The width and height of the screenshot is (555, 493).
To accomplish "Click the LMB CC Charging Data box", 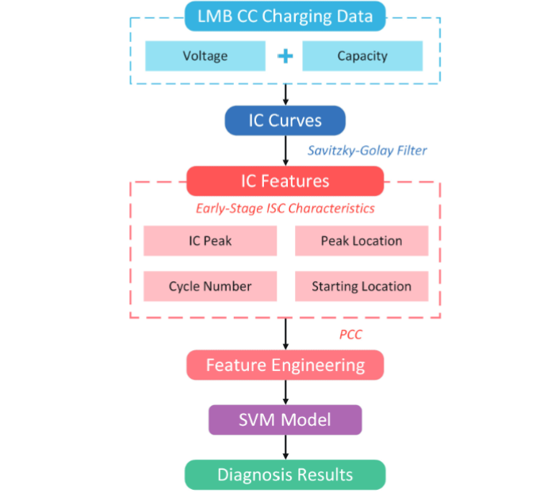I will (x=285, y=16).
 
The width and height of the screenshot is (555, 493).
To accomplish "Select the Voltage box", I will (x=205, y=56).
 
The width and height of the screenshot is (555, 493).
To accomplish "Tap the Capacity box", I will (x=362, y=56).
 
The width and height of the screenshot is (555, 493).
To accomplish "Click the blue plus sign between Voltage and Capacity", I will (x=285, y=56).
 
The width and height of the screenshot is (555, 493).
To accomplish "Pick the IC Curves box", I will (x=285, y=120).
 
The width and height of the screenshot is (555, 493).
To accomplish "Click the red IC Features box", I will (x=285, y=181).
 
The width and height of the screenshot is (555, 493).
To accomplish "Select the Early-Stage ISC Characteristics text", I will (x=285, y=209).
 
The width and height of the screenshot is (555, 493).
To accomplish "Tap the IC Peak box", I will (x=210, y=241).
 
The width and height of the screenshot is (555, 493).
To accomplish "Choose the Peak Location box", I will (x=361, y=241).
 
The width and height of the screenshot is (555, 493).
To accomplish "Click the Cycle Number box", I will (x=210, y=286).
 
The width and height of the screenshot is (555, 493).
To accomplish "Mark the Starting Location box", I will (x=361, y=286).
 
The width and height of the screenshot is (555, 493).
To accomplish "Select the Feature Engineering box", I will (x=285, y=365).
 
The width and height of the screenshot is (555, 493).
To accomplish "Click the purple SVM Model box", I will (x=285, y=419).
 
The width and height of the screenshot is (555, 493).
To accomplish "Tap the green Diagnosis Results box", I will (x=285, y=475).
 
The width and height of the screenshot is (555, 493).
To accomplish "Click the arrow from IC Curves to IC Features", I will (x=285, y=150).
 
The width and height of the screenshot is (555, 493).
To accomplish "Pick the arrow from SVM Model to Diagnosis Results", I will (x=285, y=447).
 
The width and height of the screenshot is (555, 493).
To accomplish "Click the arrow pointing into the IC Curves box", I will (x=285, y=94).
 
